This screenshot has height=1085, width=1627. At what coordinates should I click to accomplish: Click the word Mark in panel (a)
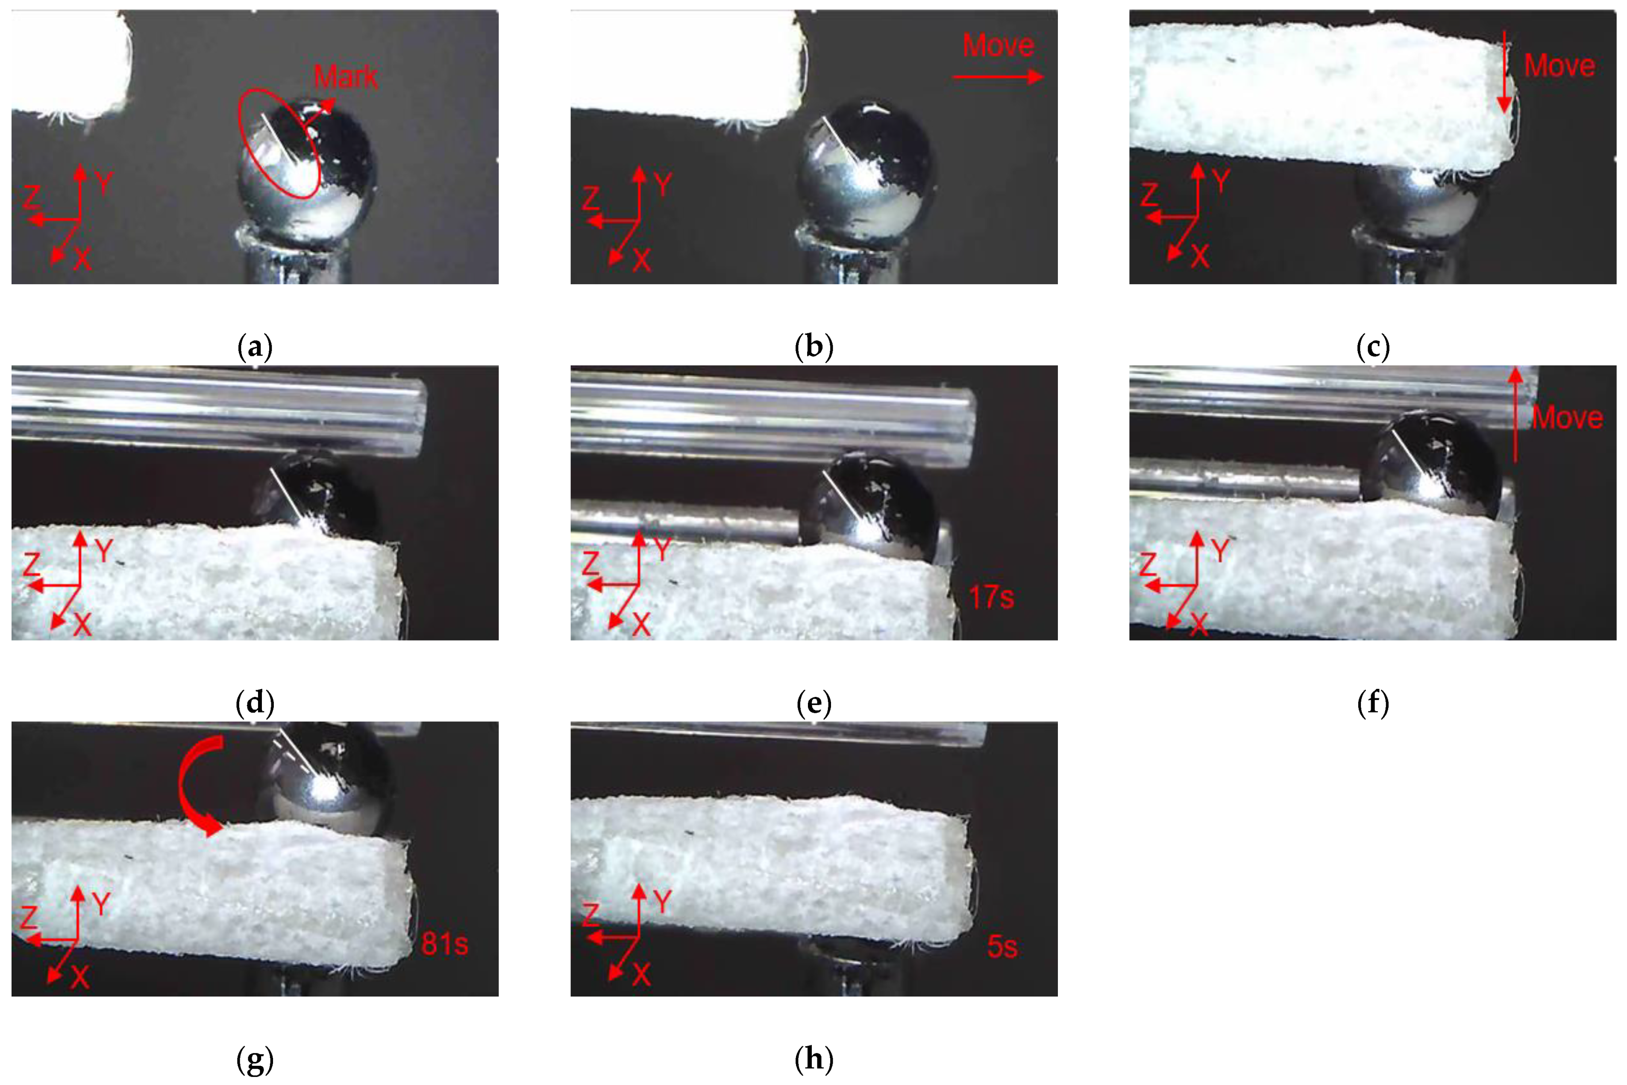346,76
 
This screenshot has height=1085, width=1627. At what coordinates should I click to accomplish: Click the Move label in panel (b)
998,46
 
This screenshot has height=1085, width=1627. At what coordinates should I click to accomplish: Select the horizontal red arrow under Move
998,77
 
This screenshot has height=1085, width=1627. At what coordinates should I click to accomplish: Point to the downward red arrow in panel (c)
1504,71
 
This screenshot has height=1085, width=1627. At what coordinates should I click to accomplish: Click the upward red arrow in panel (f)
1515,414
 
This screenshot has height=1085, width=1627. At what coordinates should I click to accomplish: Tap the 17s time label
991,597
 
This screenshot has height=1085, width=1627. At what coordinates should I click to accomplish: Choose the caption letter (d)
255,703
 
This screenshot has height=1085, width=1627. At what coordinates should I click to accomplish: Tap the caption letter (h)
814,1058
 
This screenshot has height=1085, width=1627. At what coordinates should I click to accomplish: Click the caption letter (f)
1373,703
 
